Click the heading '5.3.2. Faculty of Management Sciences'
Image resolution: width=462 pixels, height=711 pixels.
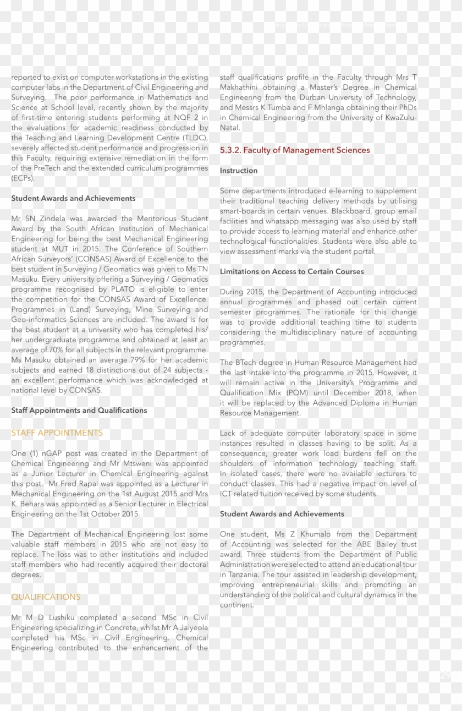(295, 150)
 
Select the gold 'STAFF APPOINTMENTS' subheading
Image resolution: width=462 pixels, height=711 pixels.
(57, 433)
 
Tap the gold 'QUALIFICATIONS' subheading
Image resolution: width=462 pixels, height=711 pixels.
(46, 597)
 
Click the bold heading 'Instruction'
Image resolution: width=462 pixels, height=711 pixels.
(239, 171)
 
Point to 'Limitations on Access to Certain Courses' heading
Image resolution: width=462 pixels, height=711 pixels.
(291, 271)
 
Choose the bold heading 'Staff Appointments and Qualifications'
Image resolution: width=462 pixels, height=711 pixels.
(79, 411)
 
